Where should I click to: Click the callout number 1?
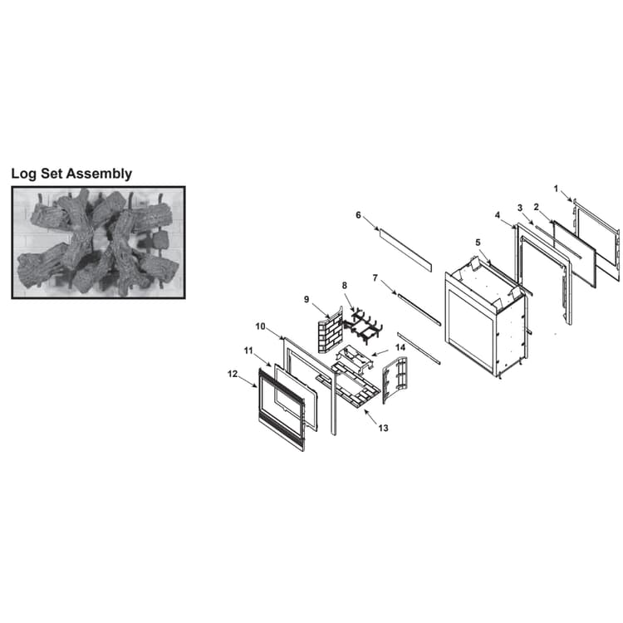[x=556, y=189]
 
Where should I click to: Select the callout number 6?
[x=358, y=215]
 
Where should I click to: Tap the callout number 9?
[x=307, y=299]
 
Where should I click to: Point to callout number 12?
[x=233, y=374]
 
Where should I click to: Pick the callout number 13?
[x=383, y=428]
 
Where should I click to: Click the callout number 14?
[x=400, y=348]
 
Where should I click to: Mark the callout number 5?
[x=478, y=243]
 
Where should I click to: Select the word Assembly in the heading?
[x=100, y=174]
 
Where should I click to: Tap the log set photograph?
[x=99, y=243]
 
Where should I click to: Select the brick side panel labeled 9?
[x=330, y=330]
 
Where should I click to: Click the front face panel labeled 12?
[x=282, y=410]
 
